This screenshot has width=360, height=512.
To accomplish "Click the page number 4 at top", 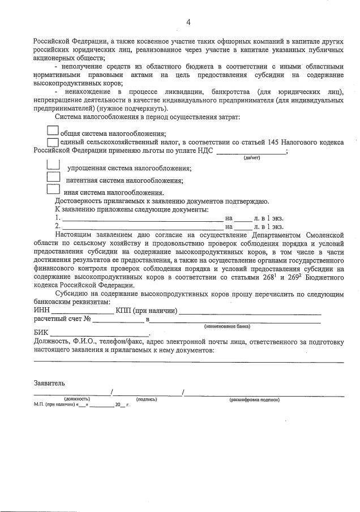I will [187, 22].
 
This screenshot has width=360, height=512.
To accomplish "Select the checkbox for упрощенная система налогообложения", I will [53, 165].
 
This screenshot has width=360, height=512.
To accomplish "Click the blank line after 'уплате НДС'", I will [251, 152].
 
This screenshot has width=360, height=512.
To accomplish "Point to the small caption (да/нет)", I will [251, 158].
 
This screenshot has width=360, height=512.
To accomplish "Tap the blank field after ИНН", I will [82, 312].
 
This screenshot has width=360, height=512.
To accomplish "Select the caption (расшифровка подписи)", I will [254, 399].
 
